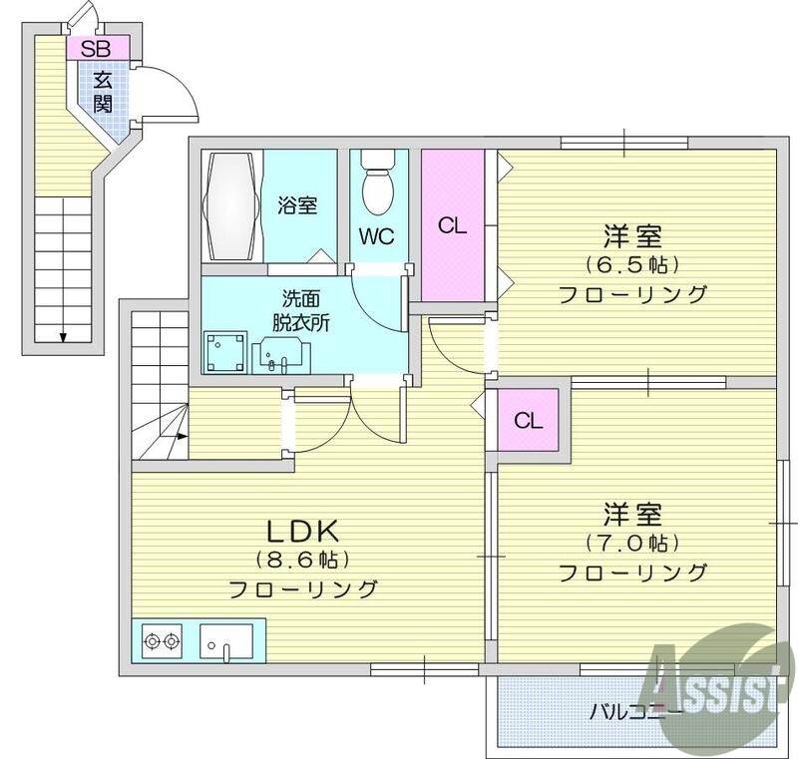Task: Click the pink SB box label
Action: [x=97, y=47]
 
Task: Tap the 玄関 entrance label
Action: [x=104, y=91]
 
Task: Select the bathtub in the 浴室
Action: [x=231, y=205]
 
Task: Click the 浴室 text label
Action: [x=297, y=206]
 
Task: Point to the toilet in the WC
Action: [x=378, y=186]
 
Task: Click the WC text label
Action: [x=377, y=236]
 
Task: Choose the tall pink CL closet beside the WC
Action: [x=453, y=224]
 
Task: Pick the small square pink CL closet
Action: [x=528, y=420]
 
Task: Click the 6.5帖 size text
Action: [x=632, y=265]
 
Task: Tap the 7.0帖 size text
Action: [x=632, y=544]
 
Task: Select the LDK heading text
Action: [x=302, y=529]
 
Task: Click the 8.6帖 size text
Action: [x=303, y=559]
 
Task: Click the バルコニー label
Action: [x=634, y=711]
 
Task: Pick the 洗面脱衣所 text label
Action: [x=302, y=309]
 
